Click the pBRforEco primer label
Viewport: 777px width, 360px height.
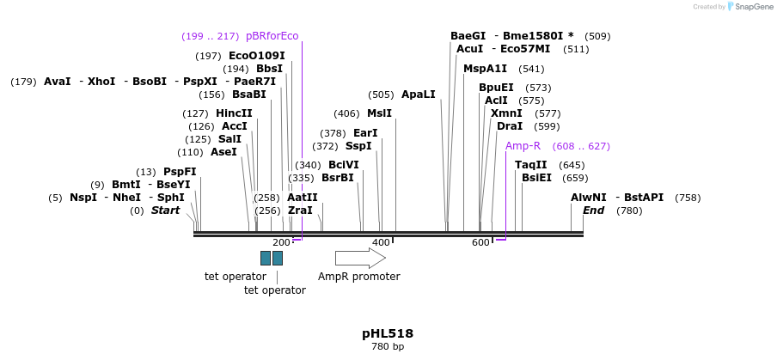click(x=272, y=36)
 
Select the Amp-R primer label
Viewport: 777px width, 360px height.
click(x=523, y=146)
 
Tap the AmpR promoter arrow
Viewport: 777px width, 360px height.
click(x=360, y=258)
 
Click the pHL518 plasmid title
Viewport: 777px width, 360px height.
click(x=388, y=333)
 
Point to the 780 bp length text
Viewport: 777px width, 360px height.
click(x=388, y=346)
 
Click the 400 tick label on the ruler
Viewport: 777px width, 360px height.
click(x=381, y=243)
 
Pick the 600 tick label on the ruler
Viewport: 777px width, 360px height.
click(x=480, y=243)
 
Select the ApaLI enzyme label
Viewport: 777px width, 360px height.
click(x=419, y=95)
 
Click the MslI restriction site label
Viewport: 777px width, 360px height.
click(x=379, y=113)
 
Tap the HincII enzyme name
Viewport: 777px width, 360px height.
click(x=234, y=113)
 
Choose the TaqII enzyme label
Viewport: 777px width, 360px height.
click(x=530, y=165)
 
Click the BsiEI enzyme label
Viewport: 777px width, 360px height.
click(x=536, y=178)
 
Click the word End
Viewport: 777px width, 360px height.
click(x=593, y=211)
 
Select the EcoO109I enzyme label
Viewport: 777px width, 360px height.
click(x=256, y=56)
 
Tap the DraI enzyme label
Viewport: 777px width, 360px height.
click(x=510, y=126)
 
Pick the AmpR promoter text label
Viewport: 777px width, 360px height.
click(x=358, y=277)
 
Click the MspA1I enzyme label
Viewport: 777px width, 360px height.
click(x=485, y=69)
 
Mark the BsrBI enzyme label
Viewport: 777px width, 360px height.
click(x=337, y=178)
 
